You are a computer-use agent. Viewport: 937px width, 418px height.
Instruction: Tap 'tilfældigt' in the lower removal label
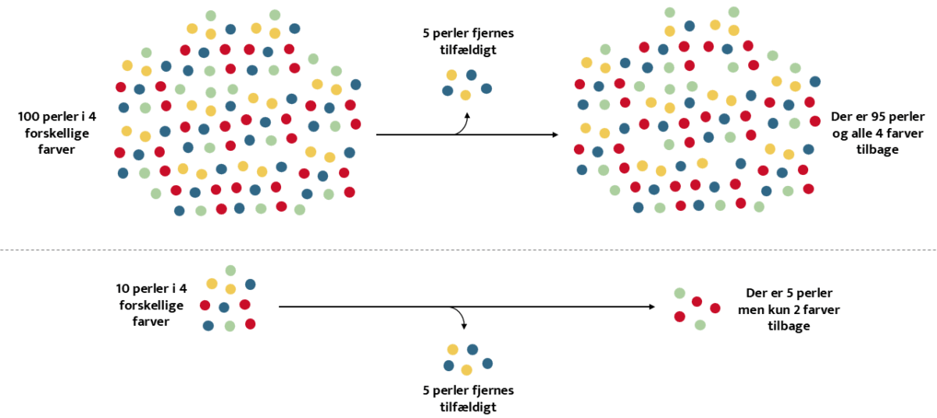click(467, 406)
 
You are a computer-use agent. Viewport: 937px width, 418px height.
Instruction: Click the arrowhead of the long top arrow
click(555, 135)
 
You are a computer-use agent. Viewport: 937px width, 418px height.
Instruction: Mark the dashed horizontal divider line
click(468, 250)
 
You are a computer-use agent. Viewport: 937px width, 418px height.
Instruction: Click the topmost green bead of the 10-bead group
click(230, 270)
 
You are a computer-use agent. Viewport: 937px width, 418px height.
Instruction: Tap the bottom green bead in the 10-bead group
click(230, 325)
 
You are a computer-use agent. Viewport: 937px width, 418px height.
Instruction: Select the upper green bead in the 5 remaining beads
click(680, 294)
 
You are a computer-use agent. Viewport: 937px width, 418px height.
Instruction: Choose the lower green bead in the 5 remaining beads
click(700, 324)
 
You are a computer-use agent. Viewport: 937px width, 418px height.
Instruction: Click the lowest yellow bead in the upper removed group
click(465, 95)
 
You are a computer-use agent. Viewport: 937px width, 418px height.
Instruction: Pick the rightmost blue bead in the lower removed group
click(487, 363)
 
